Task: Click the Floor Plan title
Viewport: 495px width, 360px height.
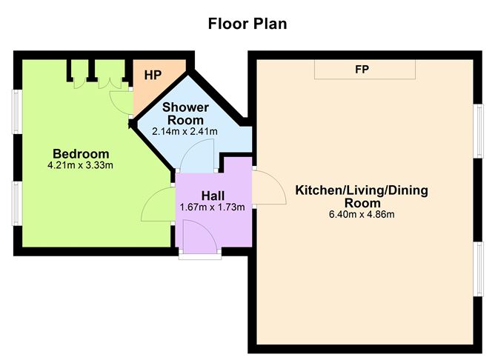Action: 247,24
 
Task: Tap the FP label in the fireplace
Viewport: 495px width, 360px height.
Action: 364,70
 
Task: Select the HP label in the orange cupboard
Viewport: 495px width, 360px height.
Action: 153,75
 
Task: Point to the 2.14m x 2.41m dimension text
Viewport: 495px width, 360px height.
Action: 185,131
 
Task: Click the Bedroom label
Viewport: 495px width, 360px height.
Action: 81,153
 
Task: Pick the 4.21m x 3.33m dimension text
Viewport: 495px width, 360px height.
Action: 81,165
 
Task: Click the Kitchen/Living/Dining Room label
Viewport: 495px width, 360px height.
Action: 362,196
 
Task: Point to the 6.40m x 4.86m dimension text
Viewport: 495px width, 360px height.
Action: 362,215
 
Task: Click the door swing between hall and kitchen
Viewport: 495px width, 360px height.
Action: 268,189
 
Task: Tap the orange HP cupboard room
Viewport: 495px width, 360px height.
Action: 152,81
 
